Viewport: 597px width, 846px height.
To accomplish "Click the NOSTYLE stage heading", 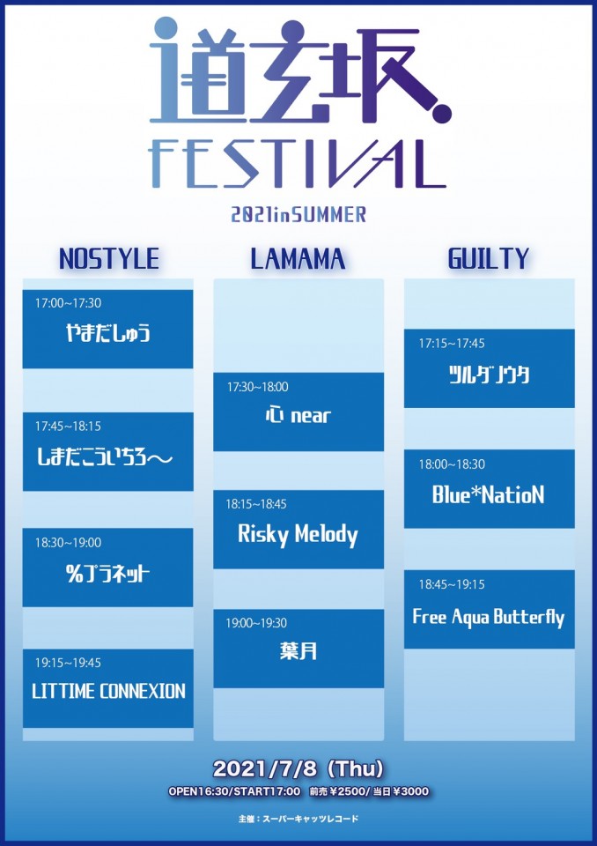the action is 109,258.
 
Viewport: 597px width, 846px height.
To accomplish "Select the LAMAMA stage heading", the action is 298,258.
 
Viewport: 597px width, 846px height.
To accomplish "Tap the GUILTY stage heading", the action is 489,258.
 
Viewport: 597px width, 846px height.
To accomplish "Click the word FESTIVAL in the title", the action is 298,164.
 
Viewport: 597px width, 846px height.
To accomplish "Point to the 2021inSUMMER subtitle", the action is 298,215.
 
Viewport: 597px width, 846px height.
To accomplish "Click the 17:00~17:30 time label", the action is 68,303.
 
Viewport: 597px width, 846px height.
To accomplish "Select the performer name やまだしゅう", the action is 107,333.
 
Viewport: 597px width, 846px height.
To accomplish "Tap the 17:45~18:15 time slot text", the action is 68,427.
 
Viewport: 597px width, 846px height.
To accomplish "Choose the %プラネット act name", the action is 107,574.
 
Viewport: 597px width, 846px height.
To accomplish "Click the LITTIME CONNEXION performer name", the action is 108,691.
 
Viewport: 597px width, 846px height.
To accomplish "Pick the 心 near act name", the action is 298,415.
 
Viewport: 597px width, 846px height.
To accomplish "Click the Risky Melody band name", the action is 298,535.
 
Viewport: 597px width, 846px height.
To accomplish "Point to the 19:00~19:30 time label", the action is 256,623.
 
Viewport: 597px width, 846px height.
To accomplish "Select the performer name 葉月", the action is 298,651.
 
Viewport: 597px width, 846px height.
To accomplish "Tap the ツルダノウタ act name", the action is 490,374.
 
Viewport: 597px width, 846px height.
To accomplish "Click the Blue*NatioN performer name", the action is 488,494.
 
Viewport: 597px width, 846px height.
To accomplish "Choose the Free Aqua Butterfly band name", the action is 489,617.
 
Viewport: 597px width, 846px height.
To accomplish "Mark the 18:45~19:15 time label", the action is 452,584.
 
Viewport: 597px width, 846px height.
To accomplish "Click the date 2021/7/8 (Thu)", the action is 298,768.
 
